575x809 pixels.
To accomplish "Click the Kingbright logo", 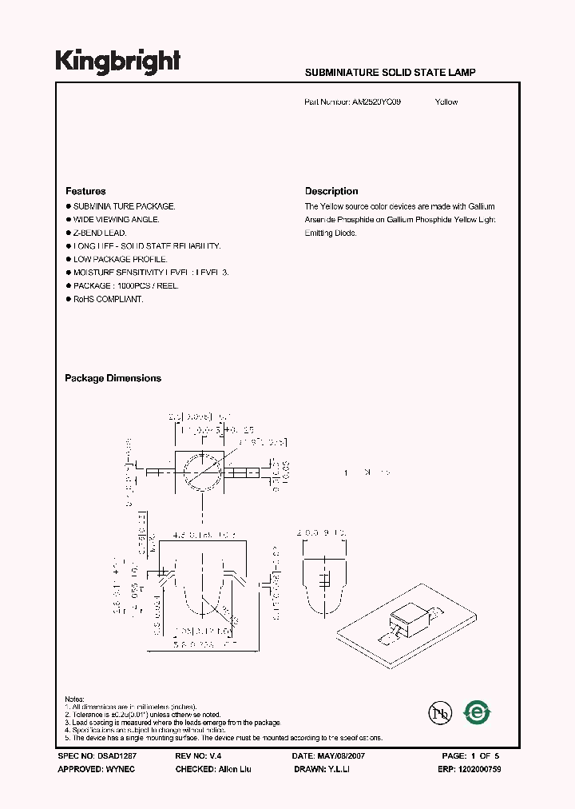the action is (x=117, y=61).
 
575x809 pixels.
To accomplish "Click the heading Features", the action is (x=85, y=191).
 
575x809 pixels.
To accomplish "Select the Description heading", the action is (x=331, y=191).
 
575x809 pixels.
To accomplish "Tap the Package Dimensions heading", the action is (x=113, y=378).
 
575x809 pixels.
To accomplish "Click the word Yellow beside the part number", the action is (x=446, y=102).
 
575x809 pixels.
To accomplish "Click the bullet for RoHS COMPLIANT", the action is (x=68, y=299).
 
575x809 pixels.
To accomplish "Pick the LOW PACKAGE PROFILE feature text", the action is (x=120, y=259).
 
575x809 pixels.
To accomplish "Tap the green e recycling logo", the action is (x=478, y=711).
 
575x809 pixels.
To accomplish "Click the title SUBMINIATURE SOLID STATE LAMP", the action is (x=391, y=73).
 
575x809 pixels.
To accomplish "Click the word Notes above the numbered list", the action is (x=75, y=699).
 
